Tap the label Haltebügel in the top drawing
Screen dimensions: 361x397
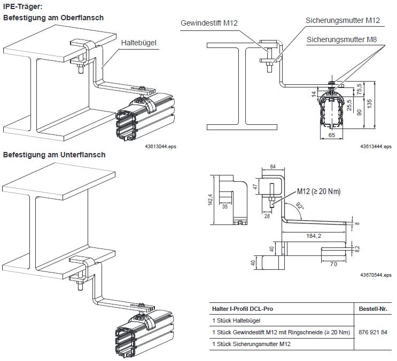[138, 42]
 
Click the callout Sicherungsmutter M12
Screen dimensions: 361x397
[342, 21]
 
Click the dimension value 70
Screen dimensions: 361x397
[333, 263]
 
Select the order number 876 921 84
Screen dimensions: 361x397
[372, 332]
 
